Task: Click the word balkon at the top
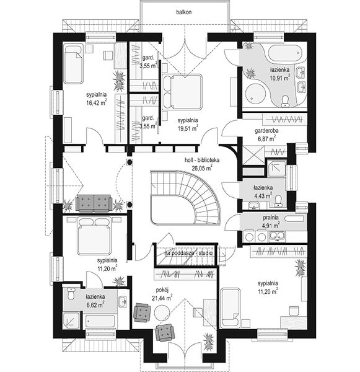(x=184, y=12)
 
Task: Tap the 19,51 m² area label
(x=188, y=128)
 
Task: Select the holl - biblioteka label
(x=202, y=160)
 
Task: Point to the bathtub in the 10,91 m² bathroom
(x=284, y=53)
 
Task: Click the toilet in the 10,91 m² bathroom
(x=285, y=101)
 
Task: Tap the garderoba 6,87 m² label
(x=266, y=135)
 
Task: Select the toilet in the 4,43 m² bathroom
(x=278, y=201)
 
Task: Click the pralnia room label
(x=271, y=218)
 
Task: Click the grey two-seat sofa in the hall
(x=94, y=203)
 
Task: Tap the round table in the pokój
(x=162, y=313)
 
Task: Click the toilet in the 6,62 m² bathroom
(x=71, y=294)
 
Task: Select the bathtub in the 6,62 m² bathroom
(x=99, y=321)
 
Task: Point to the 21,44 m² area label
(x=162, y=298)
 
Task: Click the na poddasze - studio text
(x=188, y=253)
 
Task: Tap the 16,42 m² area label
(x=96, y=103)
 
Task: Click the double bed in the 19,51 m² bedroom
(x=182, y=92)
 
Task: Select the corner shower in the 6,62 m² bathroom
(x=71, y=321)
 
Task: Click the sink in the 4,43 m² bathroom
(x=254, y=206)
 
